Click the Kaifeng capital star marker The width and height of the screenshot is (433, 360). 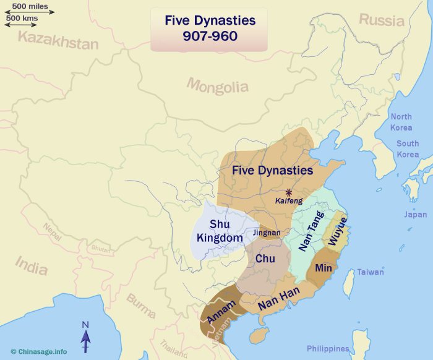[x=289, y=192]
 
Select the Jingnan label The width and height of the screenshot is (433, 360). [x=267, y=233]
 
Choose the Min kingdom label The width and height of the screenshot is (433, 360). [x=324, y=268]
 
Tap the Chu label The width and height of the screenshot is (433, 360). [x=265, y=258]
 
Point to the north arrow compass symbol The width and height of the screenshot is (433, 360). [x=86, y=337]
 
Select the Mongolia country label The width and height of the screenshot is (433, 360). [x=217, y=85]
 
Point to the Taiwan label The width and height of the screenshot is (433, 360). [x=370, y=272]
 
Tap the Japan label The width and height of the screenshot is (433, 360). [x=415, y=215]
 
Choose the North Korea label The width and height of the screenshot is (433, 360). [x=401, y=122]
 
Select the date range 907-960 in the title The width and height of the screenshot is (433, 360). [x=209, y=36]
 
